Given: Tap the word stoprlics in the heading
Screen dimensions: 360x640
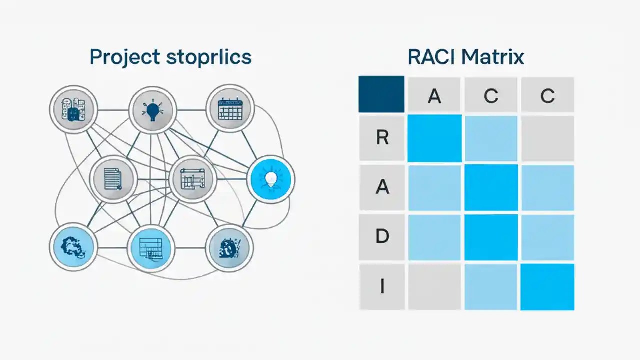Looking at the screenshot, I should tap(209, 57).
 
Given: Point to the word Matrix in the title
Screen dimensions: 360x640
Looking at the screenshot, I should tap(492, 57).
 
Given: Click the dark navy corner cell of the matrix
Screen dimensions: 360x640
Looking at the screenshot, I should tap(381, 94).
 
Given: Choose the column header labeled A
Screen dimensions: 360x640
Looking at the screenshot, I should tap(434, 95).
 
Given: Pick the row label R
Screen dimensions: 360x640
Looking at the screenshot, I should tap(382, 138).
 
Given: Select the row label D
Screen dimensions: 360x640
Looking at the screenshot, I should tap(382, 236).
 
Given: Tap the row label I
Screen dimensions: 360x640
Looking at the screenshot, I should tap(382, 286).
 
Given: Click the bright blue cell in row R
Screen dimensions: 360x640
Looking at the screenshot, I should tap(434, 138).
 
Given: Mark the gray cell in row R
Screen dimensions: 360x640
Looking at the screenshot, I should tap(547, 138).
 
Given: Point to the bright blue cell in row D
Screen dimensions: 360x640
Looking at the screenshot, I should tap(491, 236).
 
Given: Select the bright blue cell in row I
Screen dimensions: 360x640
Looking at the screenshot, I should tap(547, 287).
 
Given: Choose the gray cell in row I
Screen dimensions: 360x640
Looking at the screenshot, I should tap(434, 287).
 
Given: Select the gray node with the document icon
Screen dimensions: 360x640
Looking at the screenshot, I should tap(113, 179).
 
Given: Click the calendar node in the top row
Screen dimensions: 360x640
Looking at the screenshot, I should tap(230, 108).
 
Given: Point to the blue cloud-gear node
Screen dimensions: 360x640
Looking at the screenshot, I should tap(73, 247).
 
